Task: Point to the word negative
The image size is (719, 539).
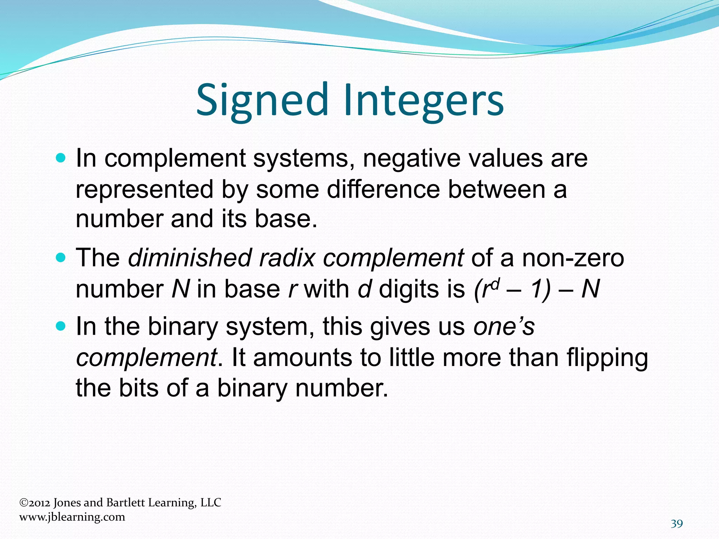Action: pyautogui.click(x=411, y=159)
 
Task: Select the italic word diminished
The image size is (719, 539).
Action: pyautogui.click(x=190, y=258)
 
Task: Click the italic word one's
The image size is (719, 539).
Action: pyautogui.click(x=504, y=327)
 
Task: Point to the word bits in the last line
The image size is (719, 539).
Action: pyautogui.click(x=138, y=388)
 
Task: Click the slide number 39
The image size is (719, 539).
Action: pyautogui.click(x=677, y=524)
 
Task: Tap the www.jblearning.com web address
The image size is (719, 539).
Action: pyautogui.click(x=72, y=517)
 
